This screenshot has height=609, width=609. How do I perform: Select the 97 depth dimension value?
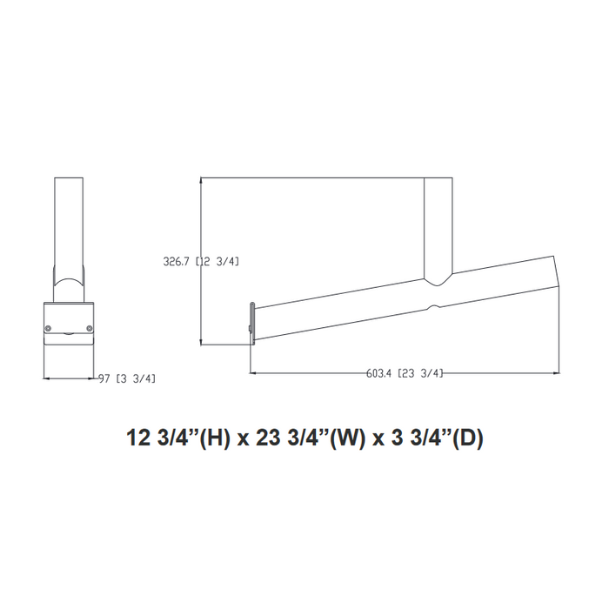104,378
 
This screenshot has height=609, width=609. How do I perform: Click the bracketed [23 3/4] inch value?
420,373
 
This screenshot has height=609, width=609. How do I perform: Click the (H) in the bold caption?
215,438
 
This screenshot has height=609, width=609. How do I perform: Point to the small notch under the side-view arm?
432,307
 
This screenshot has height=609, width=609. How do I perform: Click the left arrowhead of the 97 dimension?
46,378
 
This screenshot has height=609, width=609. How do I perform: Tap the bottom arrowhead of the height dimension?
202,342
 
